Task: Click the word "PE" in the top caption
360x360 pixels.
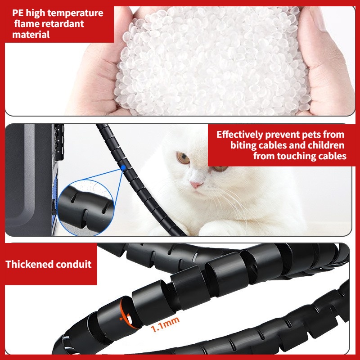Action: [x=18, y=13]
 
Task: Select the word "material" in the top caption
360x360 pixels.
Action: [x=31, y=35]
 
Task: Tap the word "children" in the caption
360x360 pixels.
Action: [x=326, y=145]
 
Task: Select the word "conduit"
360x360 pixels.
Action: [x=74, y=264]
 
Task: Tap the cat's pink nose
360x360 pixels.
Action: [x=196, y=184]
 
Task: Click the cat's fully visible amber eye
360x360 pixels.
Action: [x=183, y=157]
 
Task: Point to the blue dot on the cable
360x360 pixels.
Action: [x=123, y=167]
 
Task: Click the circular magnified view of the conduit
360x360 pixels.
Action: [x=86, y=208]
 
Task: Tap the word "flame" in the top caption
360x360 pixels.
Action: [x=26, y=24]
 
